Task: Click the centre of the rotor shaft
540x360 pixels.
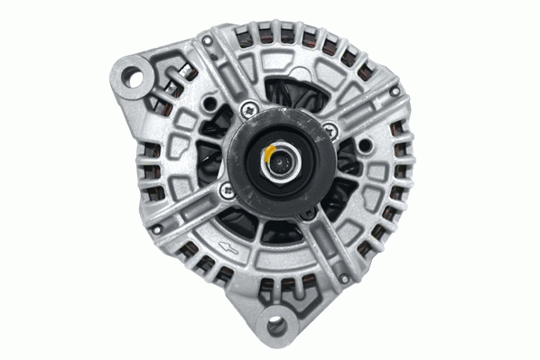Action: (x=284, y=161)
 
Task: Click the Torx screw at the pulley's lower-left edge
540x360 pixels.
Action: (x=225, y=190)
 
